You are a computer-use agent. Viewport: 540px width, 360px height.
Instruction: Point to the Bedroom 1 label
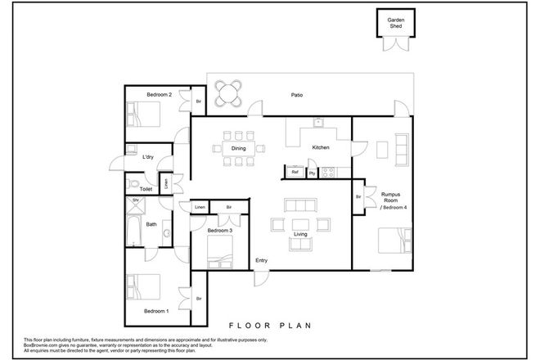point(156,312)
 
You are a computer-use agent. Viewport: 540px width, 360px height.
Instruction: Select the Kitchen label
point(321,148)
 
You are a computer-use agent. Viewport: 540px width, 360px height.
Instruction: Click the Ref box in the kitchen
point(295,173)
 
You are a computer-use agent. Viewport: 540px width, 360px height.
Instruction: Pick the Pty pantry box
point(312,173)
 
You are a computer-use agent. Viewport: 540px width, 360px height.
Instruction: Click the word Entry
point(262,261)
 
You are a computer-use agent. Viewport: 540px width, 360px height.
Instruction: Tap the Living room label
point(299,235)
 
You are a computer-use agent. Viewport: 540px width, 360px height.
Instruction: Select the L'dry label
point(148,156)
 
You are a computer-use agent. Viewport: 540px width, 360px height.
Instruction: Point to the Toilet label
point(146,189)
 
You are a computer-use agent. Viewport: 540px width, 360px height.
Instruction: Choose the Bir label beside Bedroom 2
point(198,101)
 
